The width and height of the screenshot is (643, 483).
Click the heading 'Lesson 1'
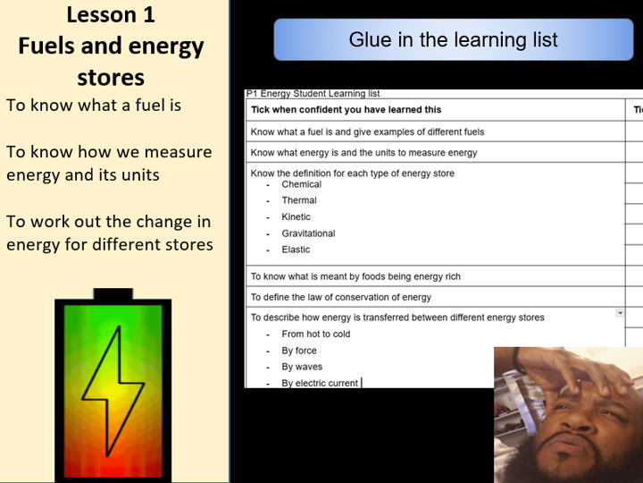110,15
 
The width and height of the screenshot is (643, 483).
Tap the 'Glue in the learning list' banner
453,40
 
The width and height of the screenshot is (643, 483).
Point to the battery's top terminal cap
113,294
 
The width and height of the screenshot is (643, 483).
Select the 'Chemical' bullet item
301,184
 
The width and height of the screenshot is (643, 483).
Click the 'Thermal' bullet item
299,200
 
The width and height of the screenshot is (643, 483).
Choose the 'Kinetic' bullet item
296,216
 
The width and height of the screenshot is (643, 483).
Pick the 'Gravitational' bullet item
308,233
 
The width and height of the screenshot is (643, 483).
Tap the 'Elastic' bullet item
296,250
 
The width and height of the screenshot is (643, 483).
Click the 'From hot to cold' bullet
316,334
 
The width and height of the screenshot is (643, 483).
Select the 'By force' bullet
299,351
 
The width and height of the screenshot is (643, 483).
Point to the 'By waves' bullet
302,367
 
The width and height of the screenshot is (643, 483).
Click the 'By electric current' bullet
320,383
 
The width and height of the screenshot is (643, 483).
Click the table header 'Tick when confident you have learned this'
346,110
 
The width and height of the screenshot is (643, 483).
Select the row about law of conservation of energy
340,297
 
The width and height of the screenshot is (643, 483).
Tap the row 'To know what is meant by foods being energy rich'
355,276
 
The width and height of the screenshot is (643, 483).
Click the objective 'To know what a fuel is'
94,105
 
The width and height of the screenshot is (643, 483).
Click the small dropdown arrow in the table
620,312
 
